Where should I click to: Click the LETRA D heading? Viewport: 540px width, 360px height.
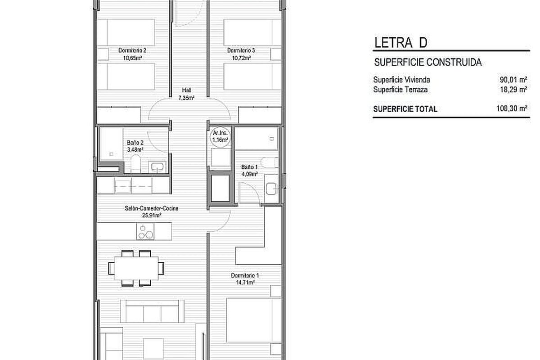pyautogui.click(x=400, y=43)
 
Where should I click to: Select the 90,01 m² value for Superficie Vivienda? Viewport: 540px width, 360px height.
pyautogui.click(x=513, y=80)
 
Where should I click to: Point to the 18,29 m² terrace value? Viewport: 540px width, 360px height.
pyautogui.click(x=513, y=90)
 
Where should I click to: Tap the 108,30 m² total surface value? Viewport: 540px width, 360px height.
pyautogui.click(x=512, y=108)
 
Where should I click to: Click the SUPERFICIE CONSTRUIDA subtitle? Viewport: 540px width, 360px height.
pyautogui.click(x=428, y=62)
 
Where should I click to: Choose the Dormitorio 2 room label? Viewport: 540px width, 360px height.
pyautogui.click(x=132, y=50)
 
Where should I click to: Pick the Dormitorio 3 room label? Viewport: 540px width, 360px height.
pyautogui.click(x=241, y=50)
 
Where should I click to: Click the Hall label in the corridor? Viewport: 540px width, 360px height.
pyautogui.click(x=186, y=90)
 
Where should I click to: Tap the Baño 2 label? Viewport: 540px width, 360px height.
pyautogui.click(x=135, y=143)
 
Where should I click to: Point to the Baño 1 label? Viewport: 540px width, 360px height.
pyautogui.click(x=249, y=167)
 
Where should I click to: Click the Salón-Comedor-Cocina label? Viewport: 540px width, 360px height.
pyautogui.click(x=151, y=208)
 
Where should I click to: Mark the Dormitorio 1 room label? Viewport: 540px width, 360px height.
pyautogui.click(x=245, y=275)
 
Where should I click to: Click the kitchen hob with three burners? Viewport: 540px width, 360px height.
pyautogui.click(x=145, y=231)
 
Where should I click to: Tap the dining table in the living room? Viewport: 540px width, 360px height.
pyautogui.click(x=136, y=268)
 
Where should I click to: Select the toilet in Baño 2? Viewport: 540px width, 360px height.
pyautogui.click(x=135, y=164)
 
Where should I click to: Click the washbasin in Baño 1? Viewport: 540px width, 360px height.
pyautogui.click(x=271, y=189)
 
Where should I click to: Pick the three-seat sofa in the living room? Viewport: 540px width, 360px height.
pyautogui.click(x=152, y=311)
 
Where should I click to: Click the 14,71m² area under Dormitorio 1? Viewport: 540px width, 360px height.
pyautogui.click(x=245, y=282)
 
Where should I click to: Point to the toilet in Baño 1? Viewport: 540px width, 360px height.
pyautogui.click(x=270, y=162)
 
